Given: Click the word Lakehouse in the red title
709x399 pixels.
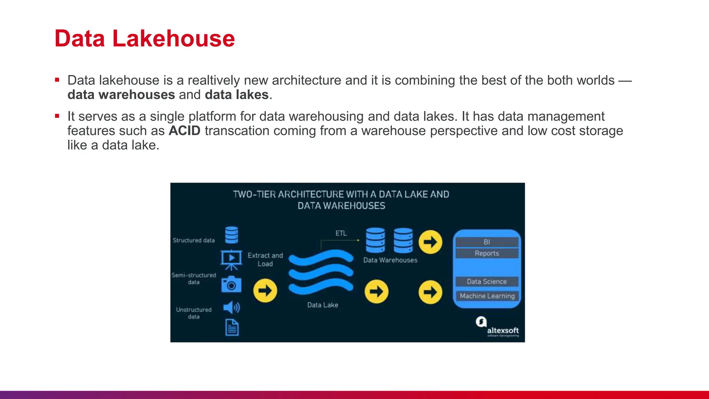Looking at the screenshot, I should pos(173,38).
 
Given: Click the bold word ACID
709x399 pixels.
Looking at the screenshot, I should pos(185,131).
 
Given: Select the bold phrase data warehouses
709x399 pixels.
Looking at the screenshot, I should pos(121,95).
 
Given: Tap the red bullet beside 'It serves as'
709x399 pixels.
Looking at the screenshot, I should pos(57,116).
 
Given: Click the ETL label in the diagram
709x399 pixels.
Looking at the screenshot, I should pos(341,233).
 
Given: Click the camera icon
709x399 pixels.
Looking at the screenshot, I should pos(231,284).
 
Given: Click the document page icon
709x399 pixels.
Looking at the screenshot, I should pos(232,328).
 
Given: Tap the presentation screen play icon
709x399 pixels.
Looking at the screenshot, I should pos(231,259).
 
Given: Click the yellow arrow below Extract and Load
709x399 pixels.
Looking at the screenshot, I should pos(265,291).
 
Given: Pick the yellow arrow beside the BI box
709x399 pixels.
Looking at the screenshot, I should pos(430,242).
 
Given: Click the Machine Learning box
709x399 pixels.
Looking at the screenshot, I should pos(487,296).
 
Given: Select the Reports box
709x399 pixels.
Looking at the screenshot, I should pos(487,254).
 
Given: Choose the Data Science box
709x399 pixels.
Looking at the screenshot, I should pos(487,282).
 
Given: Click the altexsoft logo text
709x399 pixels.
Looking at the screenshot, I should pos(503,330).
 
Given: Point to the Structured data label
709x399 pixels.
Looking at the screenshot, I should pos(194,240).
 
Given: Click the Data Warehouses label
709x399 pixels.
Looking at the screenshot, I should pos(390,260).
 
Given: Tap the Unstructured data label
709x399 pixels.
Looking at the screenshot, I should pos(194,313).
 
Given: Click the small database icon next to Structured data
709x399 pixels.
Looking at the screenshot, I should pos(232,235).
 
